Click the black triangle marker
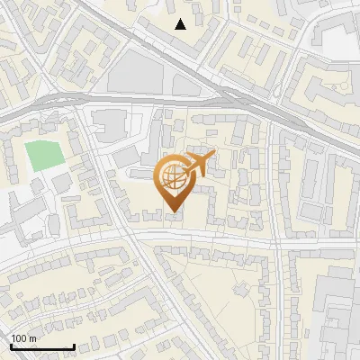pyautogui.click(x=181, y=24)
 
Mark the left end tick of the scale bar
pyautogui.click(x=11, y=346)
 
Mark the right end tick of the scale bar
pyautogui.click(x=74, y=346)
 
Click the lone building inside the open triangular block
pyautogui.click(x=240, y=290)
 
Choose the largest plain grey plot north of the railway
pyautogui.click(x=144, y=72)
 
